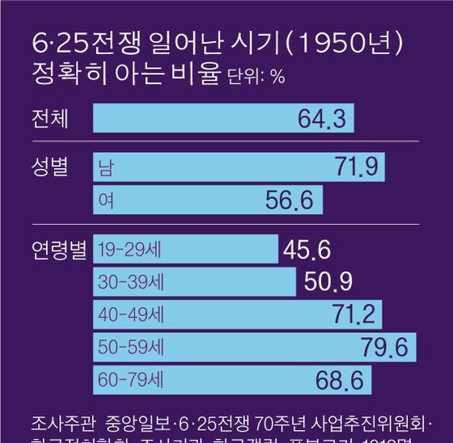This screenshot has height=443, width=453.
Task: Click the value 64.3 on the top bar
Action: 322,120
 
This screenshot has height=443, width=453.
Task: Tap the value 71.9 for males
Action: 357,168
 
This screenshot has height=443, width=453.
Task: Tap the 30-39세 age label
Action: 127,283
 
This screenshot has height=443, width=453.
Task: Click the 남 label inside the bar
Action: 105,168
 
